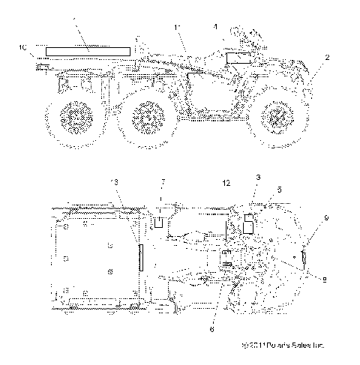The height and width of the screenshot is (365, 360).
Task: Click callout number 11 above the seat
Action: click(177, 28)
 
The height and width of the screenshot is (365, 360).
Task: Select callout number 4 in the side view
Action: click(215, 28)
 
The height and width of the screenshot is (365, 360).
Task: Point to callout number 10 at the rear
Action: click(22, 47)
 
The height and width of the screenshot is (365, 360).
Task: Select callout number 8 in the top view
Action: click(324, 280)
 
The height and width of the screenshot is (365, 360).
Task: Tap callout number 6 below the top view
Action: click(211, 327)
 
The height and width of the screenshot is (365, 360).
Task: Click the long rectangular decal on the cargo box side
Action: click(88, 50)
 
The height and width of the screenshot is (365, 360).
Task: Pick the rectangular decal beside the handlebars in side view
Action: click(239, 58)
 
